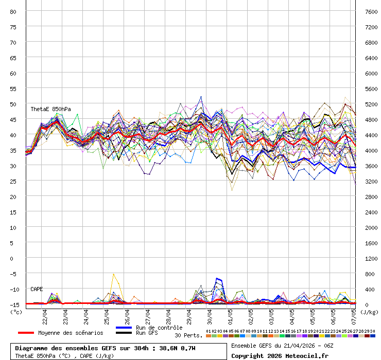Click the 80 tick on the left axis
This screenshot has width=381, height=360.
[x=13, y=11]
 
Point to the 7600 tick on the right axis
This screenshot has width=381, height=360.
[x=371, y=11]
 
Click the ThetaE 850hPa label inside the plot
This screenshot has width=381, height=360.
[x=50, y=109]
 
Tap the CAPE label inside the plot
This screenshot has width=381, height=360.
[x=37, y=289]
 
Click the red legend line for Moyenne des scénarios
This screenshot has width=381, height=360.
[x=33, y=333]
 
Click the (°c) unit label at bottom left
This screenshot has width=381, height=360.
[x=16, y=311]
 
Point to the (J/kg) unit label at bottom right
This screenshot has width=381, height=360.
[x=369, y=311]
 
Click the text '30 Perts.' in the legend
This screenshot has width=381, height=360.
[x=188, y=335]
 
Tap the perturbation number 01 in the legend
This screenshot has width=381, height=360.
[x=209, y=331]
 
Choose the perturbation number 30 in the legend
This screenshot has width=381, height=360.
[x=372, y=331]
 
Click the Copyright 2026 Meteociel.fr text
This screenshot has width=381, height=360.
[x=280, y=355]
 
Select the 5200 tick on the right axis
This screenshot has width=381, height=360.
[x=371, y=104]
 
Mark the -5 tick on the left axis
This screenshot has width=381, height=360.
[x=13, y=274]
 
